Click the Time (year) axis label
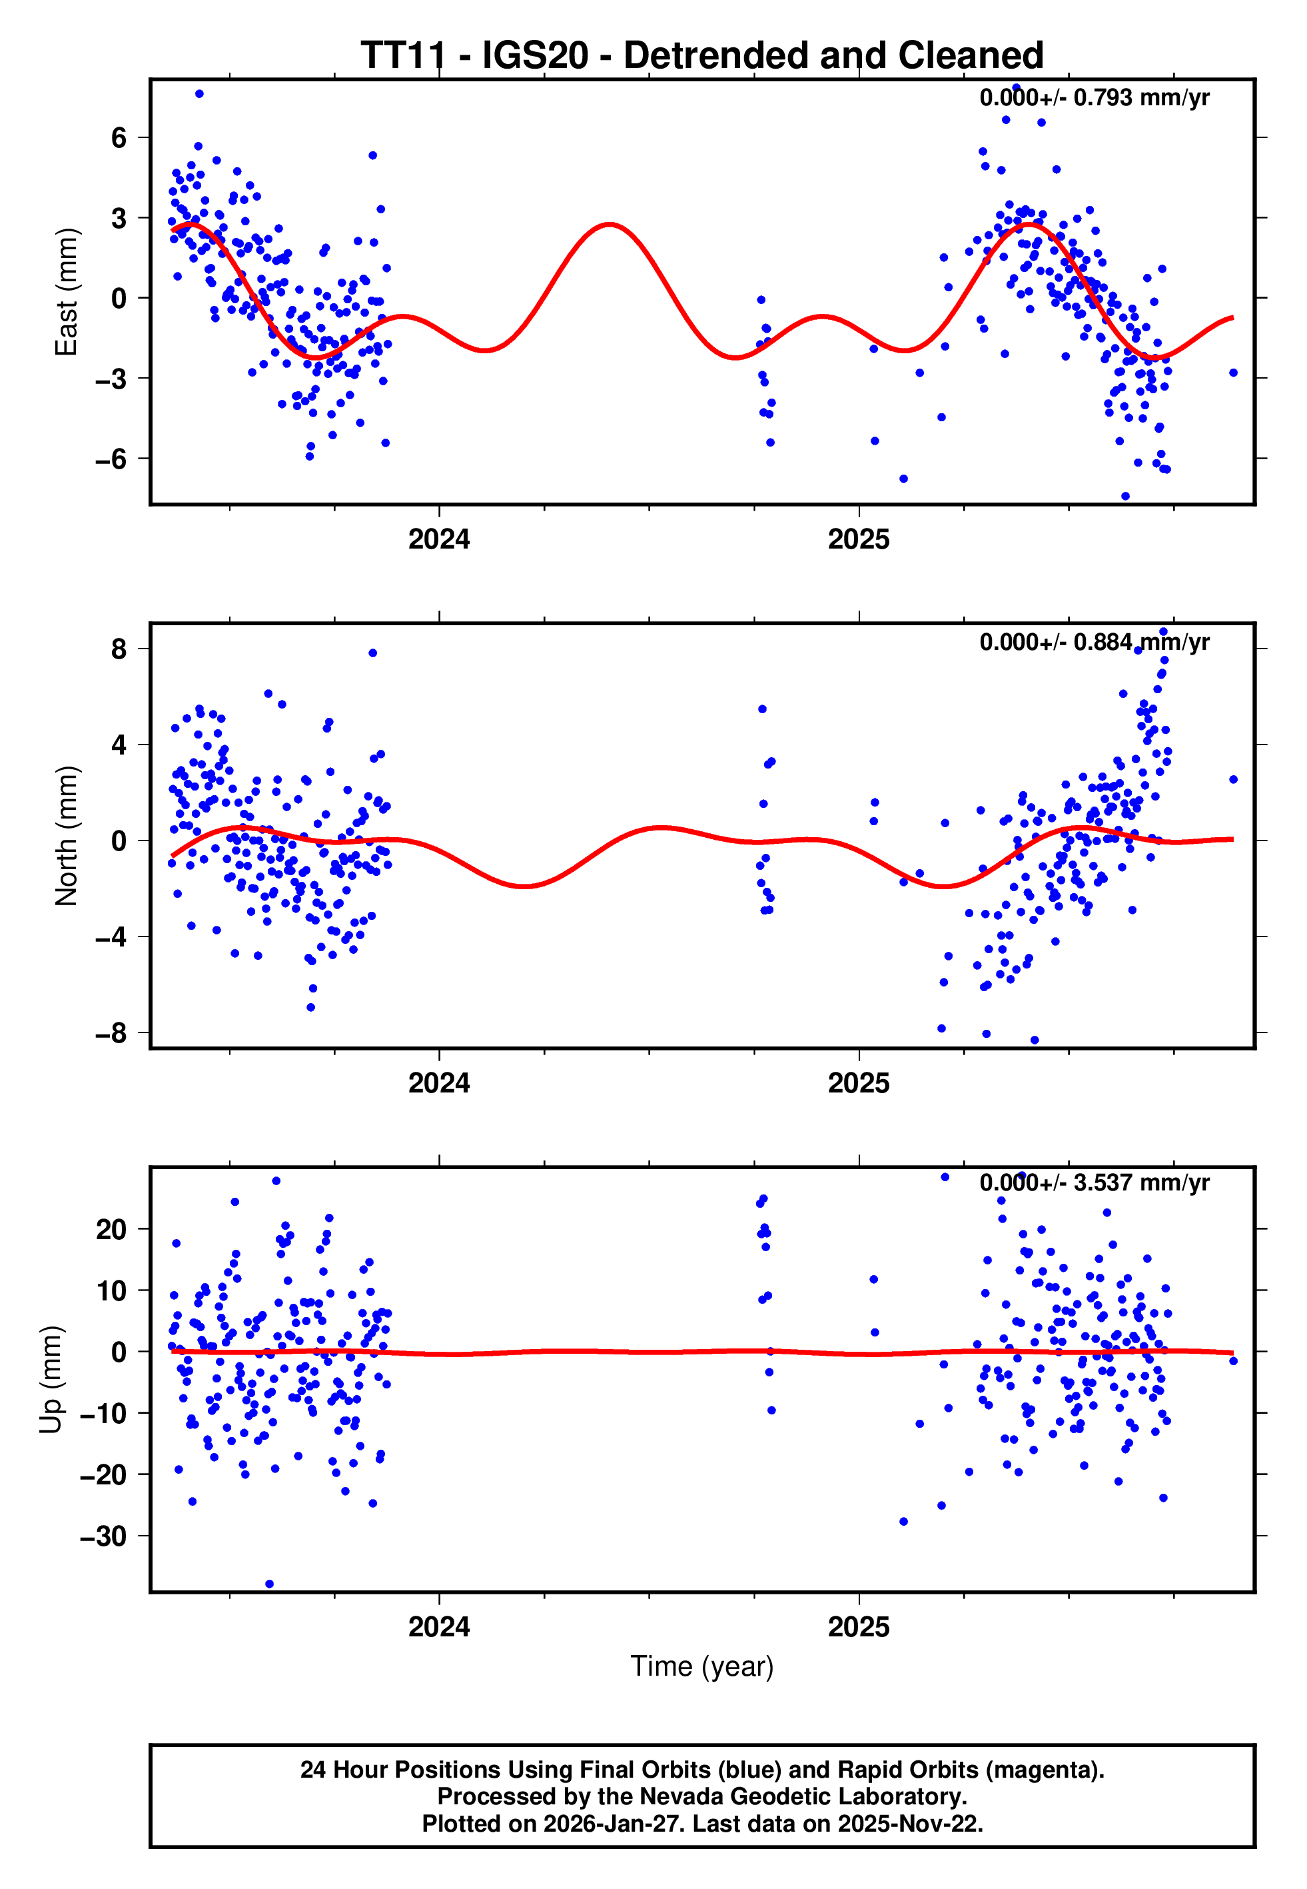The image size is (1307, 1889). pos(702,1666)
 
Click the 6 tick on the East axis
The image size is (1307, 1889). pos(119,137)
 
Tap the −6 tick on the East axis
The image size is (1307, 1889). pos(111,459)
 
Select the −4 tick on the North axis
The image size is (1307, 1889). pos(111,937)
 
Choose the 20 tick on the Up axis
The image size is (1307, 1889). pos(111,1230)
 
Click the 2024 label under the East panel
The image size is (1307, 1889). pos(439,540)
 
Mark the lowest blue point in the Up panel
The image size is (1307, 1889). pos(269,1584)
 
